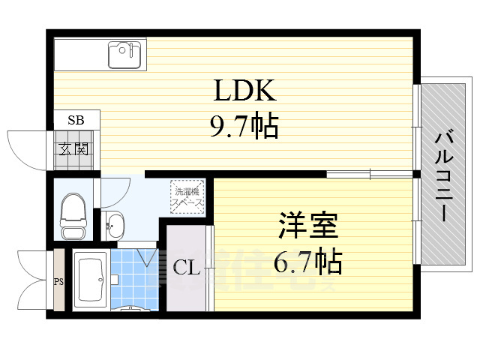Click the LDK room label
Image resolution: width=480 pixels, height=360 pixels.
[247, 91]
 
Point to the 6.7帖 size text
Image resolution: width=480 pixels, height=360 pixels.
[309, 261]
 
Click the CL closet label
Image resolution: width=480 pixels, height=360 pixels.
[187, 268]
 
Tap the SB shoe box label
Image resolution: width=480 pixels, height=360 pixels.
[76, 120]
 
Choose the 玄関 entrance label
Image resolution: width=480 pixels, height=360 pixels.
[76, 148]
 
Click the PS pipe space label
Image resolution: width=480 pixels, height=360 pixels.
[58, 282]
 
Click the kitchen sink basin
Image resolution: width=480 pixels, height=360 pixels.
[125, 53]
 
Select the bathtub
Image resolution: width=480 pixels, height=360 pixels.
[91, 281]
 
